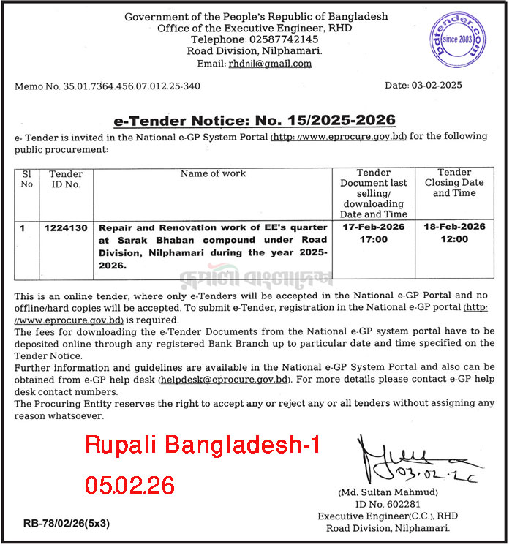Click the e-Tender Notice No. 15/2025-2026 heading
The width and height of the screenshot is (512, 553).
pyautogui.click(x=255, y=120)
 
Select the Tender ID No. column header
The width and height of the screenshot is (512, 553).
pyautogui.click(x=66, y=179)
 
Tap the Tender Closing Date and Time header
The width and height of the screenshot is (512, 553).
pyautogui.click(x=453, y=183)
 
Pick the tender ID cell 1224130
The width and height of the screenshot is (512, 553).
pyautogui.click(x=67, y=228)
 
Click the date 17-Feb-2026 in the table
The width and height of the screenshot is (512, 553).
pyautogui.click(x=374, y=227)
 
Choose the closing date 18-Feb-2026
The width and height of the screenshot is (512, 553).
pyautogui.click(x=453, y=227)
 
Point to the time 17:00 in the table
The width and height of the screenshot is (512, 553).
pyautogui.click(x=374, y=241)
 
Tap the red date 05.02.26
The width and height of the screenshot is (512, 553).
pyautogui.click(x=129, y=484)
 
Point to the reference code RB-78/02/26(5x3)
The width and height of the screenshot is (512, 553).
pyautogui.click(x=67, y=524)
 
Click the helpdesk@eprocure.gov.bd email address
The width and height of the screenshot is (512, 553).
pyautogui.click(x=225, y=380)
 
